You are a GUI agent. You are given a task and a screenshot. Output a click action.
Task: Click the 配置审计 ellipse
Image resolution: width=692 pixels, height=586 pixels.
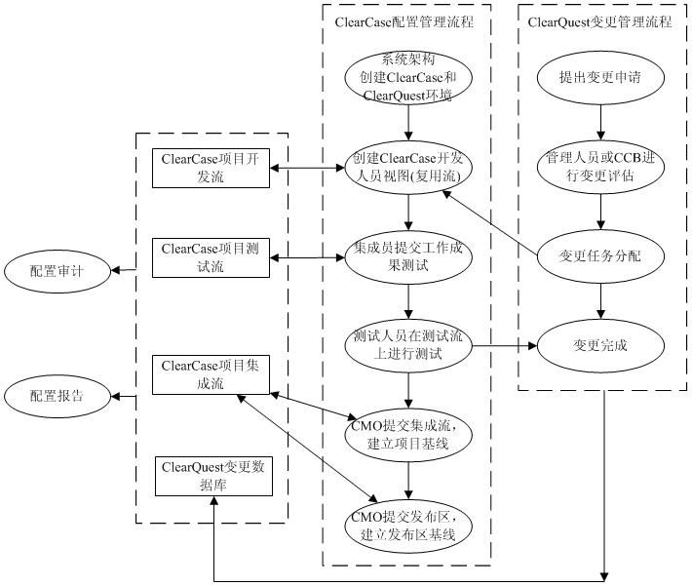click(x=57, y=270)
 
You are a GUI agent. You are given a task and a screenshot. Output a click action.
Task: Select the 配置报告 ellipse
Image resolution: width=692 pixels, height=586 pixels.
click(x=57, y=396)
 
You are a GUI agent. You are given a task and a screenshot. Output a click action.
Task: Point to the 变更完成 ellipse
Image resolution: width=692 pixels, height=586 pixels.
click(x=600, y=345)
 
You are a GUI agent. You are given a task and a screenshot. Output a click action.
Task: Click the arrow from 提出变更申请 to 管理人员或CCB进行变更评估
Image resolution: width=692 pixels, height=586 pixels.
click(x=600, y=120)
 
